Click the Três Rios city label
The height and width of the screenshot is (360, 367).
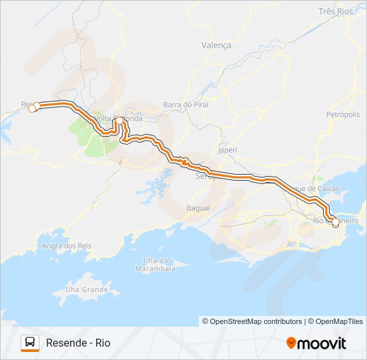pos(336,12)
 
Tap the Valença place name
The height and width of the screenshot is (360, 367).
pos(216,45)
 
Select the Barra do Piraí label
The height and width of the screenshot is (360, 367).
pos(186,105)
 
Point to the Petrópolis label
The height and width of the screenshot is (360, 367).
pos(343,115)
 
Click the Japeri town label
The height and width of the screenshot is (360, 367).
pos(227,151)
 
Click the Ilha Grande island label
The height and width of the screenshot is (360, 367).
pos(87,290)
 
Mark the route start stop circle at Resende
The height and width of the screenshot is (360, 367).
pos(32,107)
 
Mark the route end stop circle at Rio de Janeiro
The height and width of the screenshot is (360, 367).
pos(336,225)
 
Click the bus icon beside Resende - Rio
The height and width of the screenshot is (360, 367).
pos(30,343)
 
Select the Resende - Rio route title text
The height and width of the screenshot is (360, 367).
pos(78,343)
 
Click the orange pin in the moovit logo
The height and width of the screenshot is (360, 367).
pos(292,343)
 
